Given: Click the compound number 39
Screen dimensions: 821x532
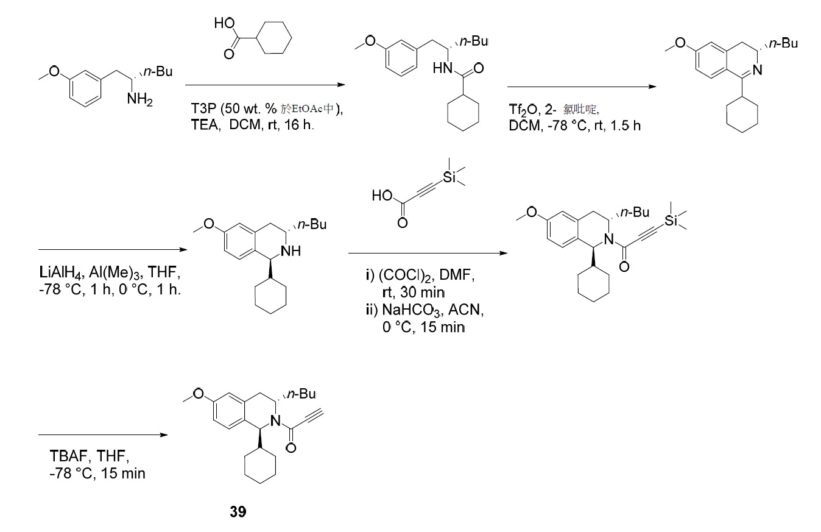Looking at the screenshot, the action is (x=238, y=511).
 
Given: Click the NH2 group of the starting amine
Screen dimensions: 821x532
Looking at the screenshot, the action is (x=139, y=99).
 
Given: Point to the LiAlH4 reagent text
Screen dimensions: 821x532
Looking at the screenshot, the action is (x=61, y=273).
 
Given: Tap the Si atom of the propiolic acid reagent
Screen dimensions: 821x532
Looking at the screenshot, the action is (x=449, y=177).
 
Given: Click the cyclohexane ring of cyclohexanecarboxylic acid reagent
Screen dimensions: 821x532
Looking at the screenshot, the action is (x=274, y=37).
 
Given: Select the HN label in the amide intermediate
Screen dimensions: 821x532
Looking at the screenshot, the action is (x=442, y=68).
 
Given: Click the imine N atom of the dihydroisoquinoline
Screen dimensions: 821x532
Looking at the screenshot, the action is (x=757, y=70).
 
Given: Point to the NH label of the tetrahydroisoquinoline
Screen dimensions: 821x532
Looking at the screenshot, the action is (x=291, y=251).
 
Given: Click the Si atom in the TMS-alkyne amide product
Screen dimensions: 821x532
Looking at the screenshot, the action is (x=671, y=221).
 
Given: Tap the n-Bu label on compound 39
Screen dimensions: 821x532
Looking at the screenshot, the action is (x=301, y=394).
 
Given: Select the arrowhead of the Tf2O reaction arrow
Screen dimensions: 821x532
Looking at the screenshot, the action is (x=652, y=87).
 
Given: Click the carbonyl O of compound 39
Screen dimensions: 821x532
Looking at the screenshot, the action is (x=291, y=448).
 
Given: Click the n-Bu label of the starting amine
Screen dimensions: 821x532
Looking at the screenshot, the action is (x=158, y=71).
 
